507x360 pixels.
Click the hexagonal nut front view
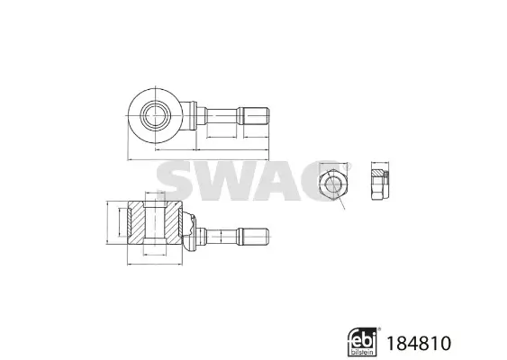pyautogui.click(x=334, y=185)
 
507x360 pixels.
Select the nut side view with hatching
pyautogui.click(x=379, y=185)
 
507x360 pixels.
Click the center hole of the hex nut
pyautogui.click(x=334, y=186)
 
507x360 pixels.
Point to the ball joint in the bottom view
pyautogui.click(x=190, y=232)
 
